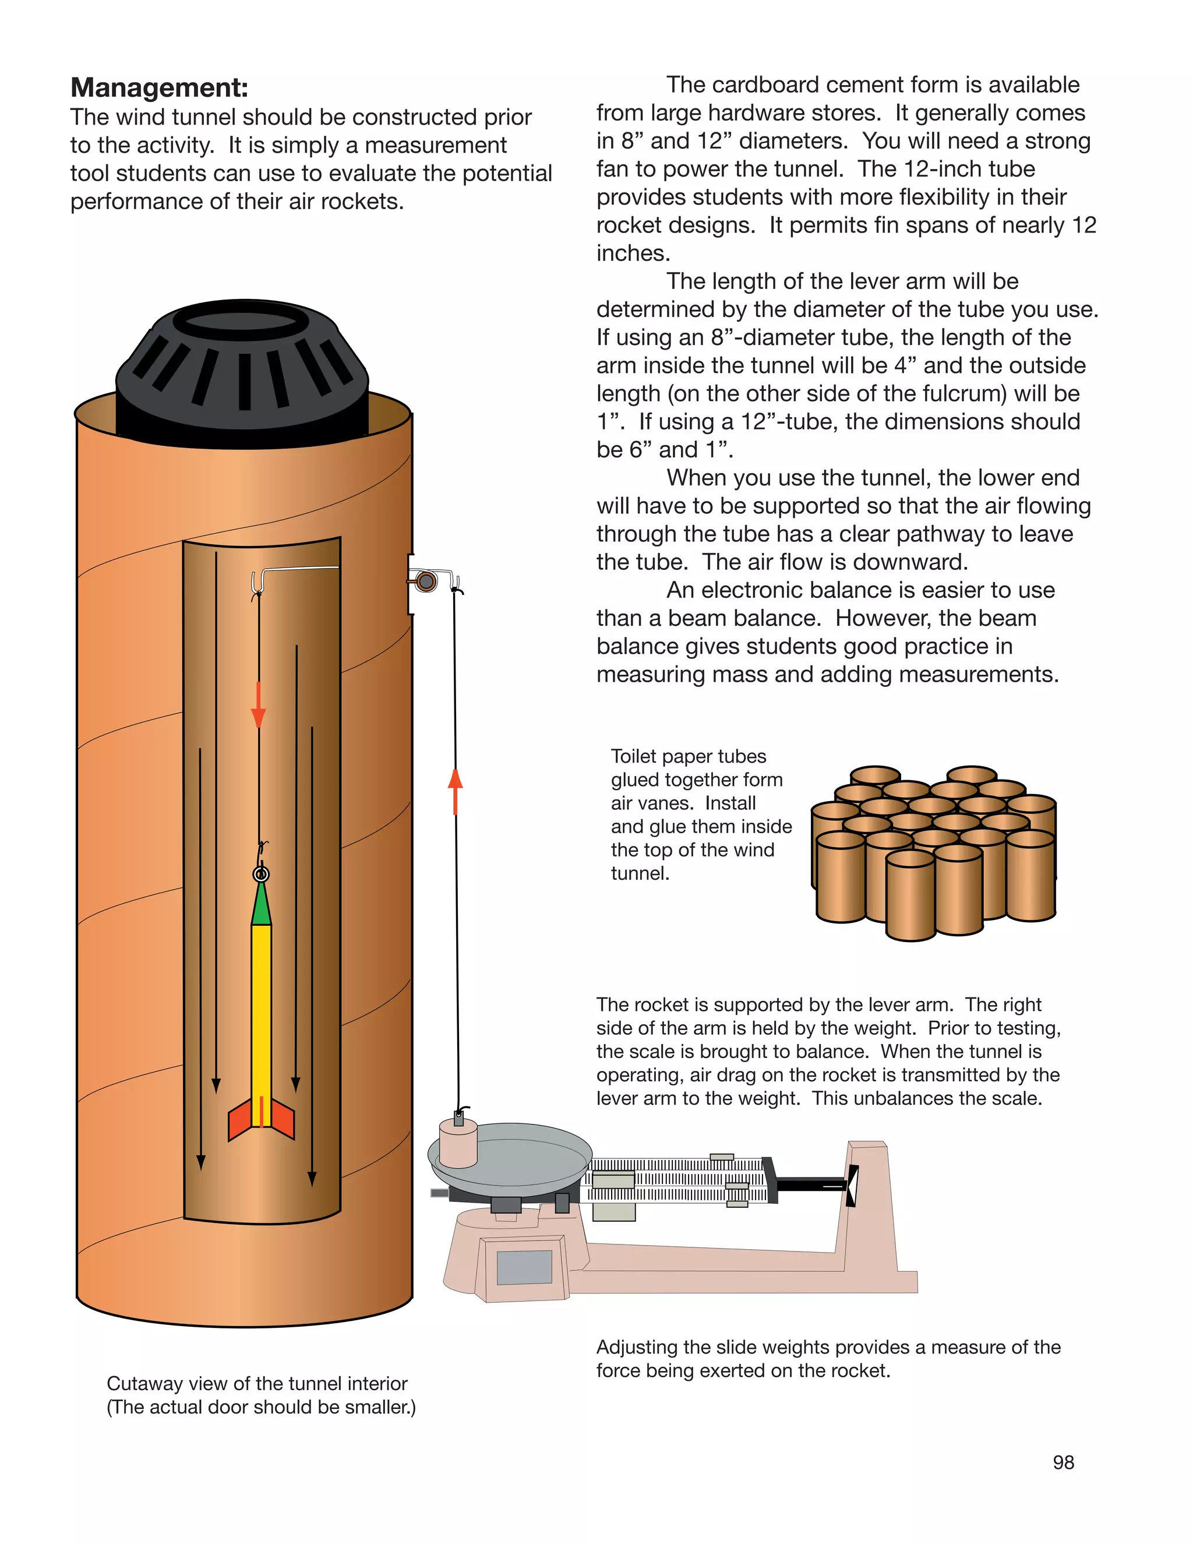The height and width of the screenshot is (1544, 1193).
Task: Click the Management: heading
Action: [x=159, y=87]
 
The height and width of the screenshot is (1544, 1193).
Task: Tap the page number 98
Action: [x=1063, y=1462]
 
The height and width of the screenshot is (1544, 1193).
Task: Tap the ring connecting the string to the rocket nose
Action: [x=261, y=875]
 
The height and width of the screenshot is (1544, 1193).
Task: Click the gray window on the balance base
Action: [x=524, y=1267]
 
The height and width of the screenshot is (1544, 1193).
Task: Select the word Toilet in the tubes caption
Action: [x=633, y=756]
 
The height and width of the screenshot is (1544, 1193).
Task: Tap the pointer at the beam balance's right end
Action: [x=852, y=1186]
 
